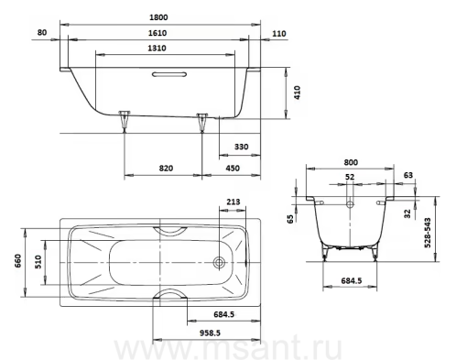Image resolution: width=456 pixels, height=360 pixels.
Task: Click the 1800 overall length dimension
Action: tap(158, 17)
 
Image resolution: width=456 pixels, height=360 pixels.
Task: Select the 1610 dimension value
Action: tap(157, 33)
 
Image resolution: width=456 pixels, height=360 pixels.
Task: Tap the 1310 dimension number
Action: tap(157, 49)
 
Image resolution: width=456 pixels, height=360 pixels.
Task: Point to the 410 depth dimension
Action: tap(297, 93)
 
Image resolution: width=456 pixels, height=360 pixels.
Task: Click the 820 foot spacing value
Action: tap(166, 169)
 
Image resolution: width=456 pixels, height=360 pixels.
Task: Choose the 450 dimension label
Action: tap(233, 169)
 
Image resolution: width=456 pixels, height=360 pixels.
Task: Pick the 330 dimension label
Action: tap(241, 147)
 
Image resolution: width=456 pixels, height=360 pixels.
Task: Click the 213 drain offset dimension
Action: tap(233, 202)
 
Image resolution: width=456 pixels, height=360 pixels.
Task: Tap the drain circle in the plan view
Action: tap(219, 262)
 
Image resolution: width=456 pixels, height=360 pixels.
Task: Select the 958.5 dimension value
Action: tap(210, 333)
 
